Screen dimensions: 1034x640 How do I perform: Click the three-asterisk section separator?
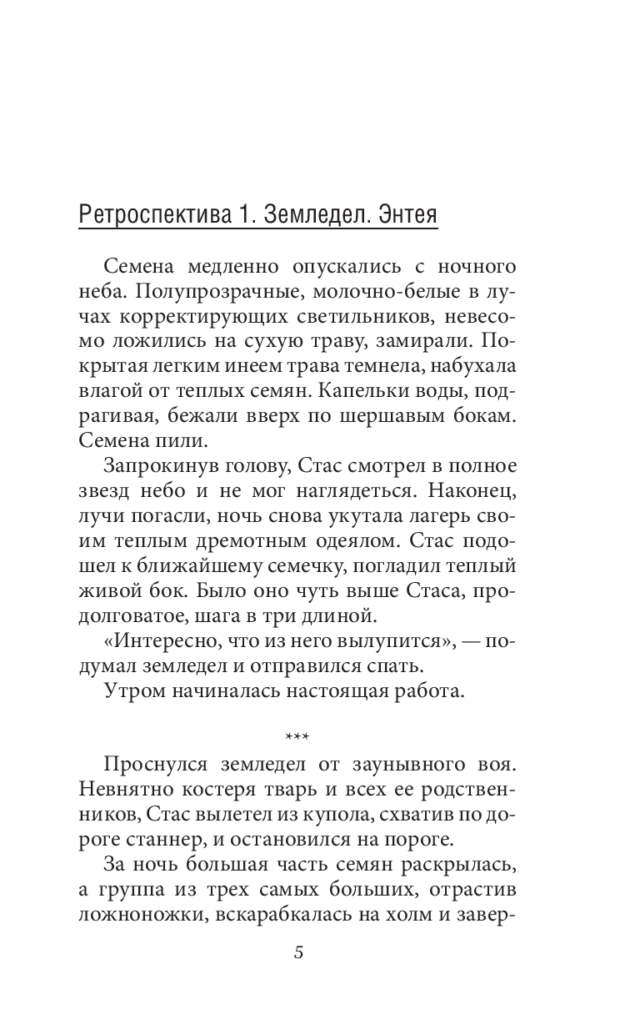pyautogui.click(x=297, y=737)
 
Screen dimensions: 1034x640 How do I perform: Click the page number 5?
pyautogui.click(x=297, y=953)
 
